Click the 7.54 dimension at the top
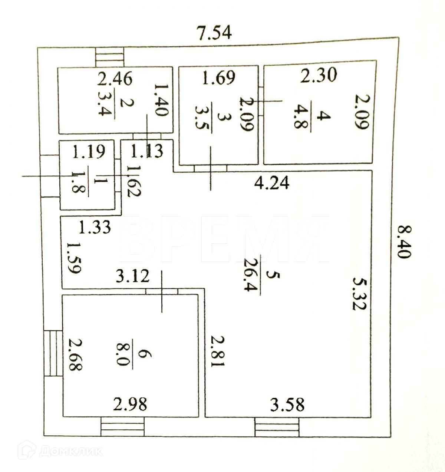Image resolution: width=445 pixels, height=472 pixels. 215,33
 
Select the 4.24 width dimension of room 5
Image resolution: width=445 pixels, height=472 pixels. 272,183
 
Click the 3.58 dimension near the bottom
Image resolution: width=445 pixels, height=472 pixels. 287,404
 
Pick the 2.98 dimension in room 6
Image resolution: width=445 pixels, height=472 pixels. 129,404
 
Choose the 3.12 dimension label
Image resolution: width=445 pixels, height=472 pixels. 133,276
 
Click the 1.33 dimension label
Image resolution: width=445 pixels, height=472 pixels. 95,227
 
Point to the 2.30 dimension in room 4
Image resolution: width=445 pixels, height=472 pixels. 319,75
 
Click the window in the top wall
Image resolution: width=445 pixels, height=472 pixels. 110,57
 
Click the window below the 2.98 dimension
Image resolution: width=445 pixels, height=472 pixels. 122,427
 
